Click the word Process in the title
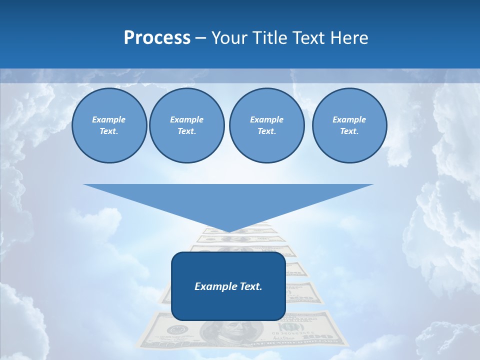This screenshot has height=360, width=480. (x=157, y=38)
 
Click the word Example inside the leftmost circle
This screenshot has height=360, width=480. (x=109, y=119)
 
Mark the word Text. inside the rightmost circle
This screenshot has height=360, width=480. (x=349, y=131)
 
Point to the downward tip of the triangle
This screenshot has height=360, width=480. (x=228, y=231)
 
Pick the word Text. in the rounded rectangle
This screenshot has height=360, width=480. (x=250, y=286)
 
